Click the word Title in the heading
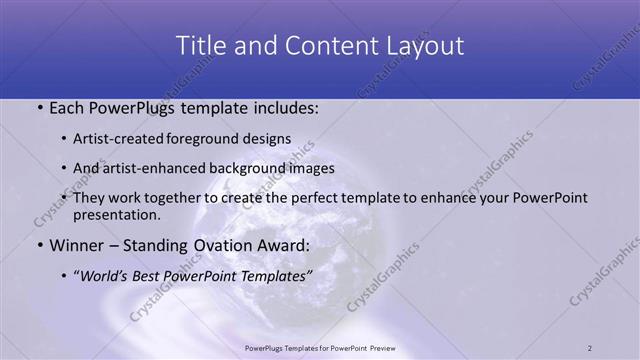pyautogui.click(x=199, y=46)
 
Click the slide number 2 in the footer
pyautogui.click(x=590, y=347)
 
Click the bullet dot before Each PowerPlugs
pyautogui.click(x=38, y=107)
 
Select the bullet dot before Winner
pyautogui.click(x=38, y=243)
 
